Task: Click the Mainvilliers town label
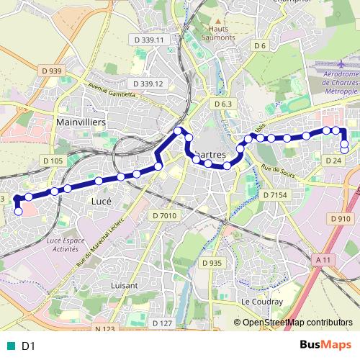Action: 81,123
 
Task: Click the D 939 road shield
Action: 52,71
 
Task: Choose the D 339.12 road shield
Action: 146,84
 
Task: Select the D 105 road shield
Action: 54,161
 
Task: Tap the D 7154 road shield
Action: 275,195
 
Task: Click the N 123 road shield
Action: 105,309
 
